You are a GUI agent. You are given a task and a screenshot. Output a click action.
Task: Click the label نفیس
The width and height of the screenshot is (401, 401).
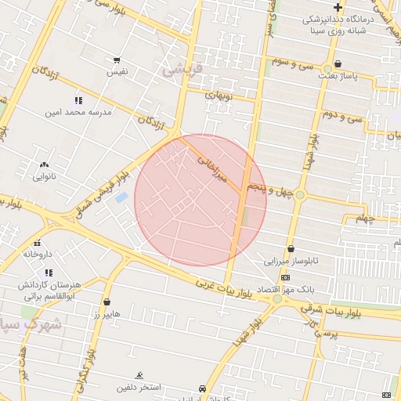click(117, 72)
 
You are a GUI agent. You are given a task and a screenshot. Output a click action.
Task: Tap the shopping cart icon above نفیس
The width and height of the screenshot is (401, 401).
click(117, 60)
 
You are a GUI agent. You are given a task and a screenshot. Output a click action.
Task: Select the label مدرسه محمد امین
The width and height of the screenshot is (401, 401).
click(79, 112)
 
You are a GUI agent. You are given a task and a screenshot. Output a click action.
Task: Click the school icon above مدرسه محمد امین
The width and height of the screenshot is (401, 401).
click(78, 100)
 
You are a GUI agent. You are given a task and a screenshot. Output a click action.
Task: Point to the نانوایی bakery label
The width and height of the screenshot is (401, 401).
click(44, 176)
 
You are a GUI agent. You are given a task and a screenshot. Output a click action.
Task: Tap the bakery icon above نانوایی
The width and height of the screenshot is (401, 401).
click(44, 164)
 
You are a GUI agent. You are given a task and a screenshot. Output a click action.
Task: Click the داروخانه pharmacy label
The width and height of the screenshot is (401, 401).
click(38, 255)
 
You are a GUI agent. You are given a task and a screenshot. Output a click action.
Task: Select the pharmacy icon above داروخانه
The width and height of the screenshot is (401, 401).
click(38, 243)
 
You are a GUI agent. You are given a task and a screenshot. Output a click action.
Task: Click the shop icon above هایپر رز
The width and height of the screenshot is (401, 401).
click(107, 302)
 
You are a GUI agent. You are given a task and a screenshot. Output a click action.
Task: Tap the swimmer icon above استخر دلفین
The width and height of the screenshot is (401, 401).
click(139, 375)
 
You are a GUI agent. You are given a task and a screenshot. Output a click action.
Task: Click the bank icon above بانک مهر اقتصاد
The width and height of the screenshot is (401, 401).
click(284, 277)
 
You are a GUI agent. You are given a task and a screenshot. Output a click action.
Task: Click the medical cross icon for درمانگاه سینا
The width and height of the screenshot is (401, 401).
click(338, 7)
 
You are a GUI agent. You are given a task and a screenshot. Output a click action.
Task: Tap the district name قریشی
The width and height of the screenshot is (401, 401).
click(182, 70)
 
